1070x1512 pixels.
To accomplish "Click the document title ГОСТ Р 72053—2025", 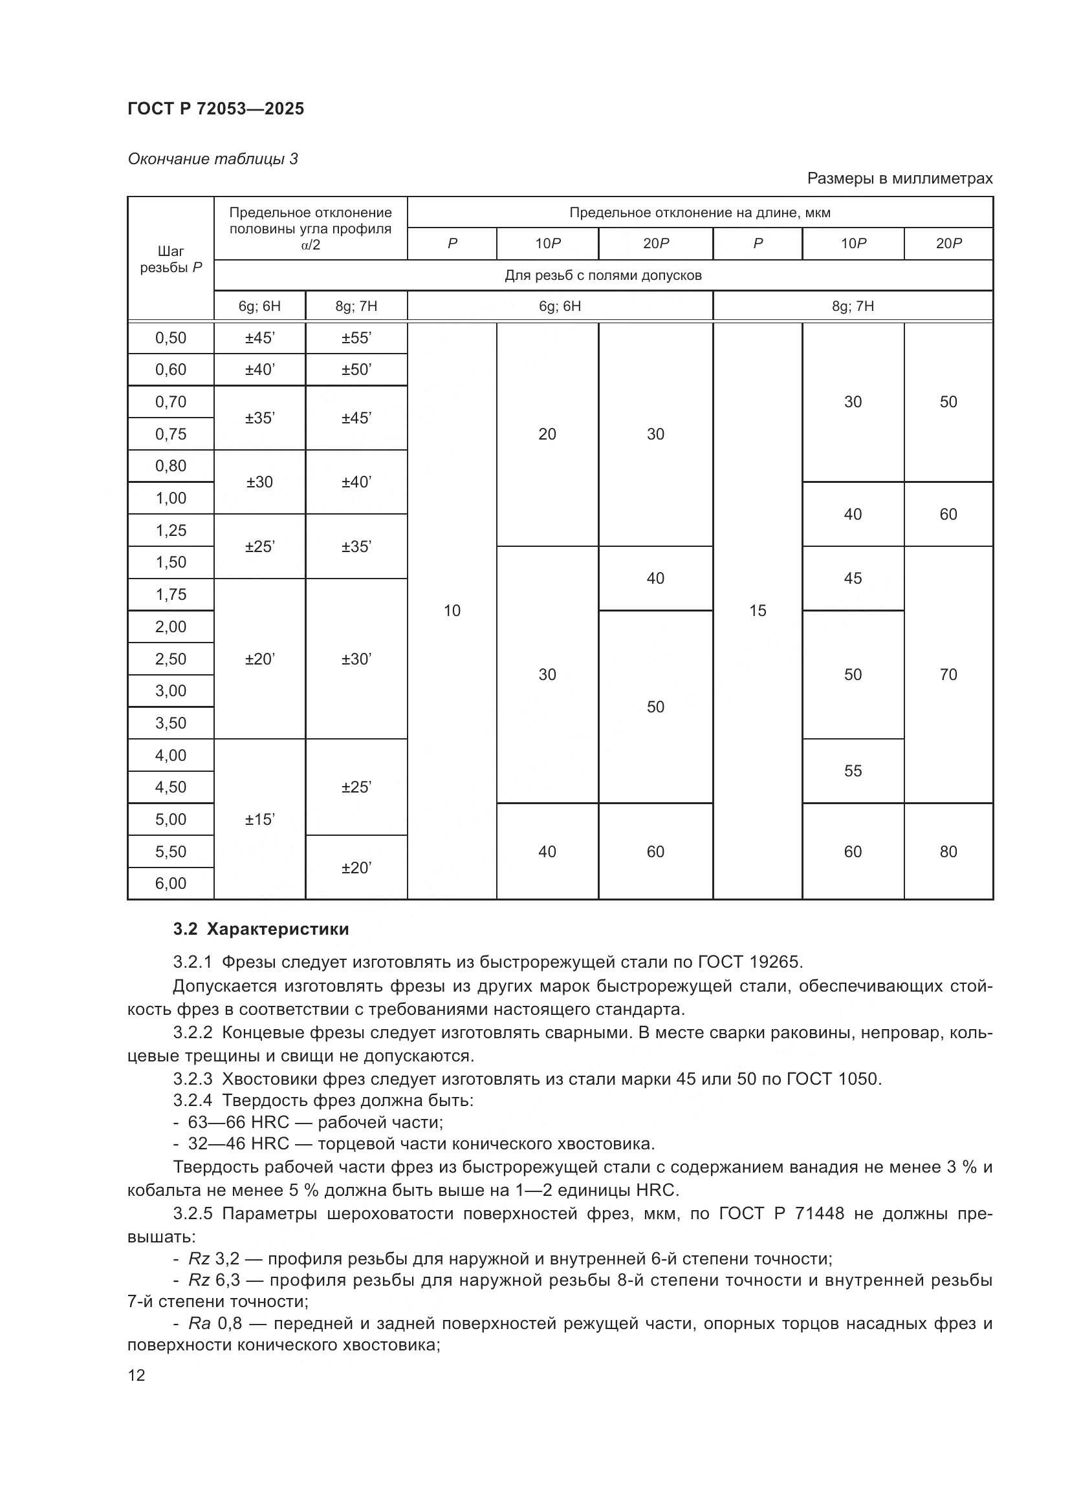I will [x=215, y=109].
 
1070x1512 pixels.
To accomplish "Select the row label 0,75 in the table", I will [x=171, y=434].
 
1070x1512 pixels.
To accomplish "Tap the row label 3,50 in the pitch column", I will [x=171, y=723].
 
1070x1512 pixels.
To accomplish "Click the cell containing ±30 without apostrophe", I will [x=259, y=482].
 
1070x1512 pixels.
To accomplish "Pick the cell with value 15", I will [x=758, y=610].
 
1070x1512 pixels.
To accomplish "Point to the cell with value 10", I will [x=452, y=610].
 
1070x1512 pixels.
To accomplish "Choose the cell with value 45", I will [x=853, y=578].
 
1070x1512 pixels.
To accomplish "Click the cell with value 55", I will [x=853, y=771].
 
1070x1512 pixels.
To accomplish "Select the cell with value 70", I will [x=948, y=674].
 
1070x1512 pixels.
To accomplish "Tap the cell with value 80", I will [x=948, y=851].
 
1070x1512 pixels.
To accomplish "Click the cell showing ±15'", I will [x=259, y=819].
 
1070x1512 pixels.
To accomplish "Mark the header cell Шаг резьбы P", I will [x=171, y=259].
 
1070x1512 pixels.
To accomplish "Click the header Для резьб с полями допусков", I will [x=603, y=275].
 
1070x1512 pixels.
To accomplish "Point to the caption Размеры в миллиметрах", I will [x=899, y=178].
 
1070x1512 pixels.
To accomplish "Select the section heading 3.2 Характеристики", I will [x=261, y=929].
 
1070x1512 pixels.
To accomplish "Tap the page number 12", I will [x=136, y=1375].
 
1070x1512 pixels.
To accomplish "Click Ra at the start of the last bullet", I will [x=199, y=1324].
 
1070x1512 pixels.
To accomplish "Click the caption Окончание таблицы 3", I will [x=212, y=159].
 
